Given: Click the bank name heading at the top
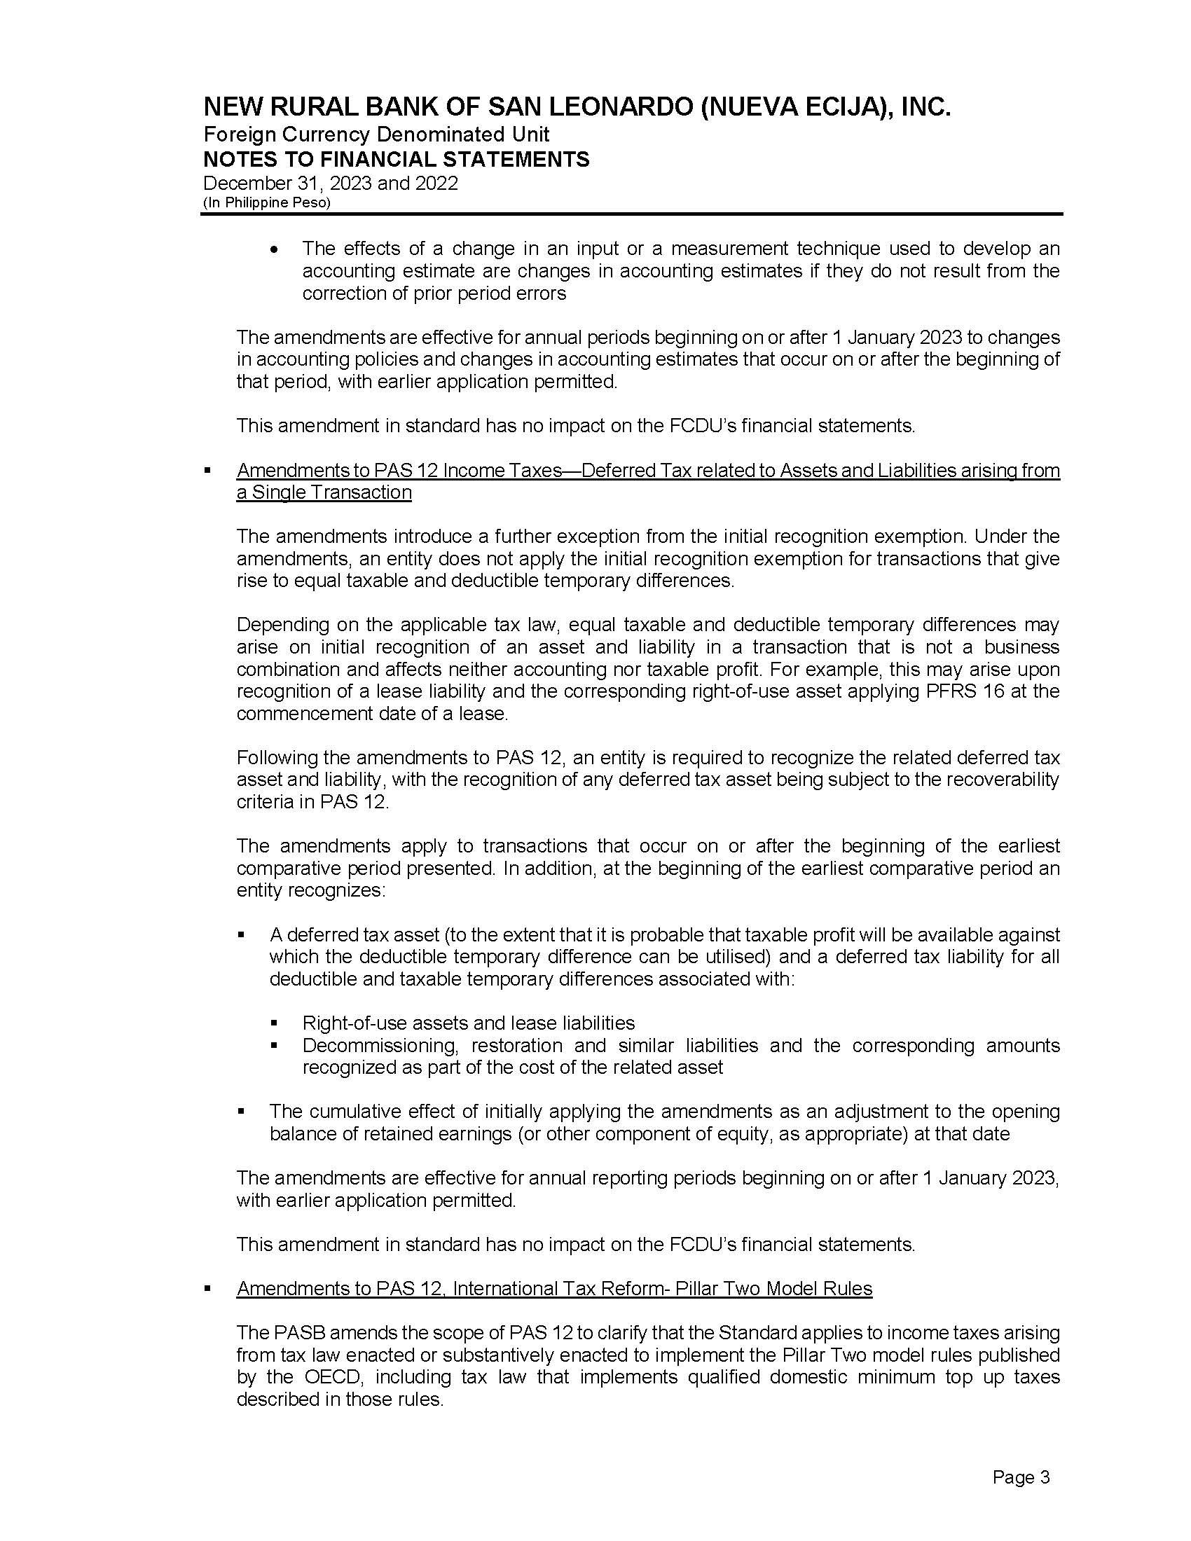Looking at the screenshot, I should [x=577, y=108].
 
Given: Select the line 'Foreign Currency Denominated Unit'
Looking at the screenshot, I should [x=376, y=134].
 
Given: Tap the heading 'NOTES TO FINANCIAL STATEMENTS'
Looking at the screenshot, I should [x=396, y=160].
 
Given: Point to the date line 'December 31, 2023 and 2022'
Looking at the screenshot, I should [x=330, y=184].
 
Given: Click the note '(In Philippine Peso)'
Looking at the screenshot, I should [x=266, y=202].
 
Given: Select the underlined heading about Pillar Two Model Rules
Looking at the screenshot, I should [x=555, y=1288].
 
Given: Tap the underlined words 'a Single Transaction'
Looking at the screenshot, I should [x=324, y=492].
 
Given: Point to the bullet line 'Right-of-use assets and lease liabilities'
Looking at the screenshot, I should [x=469, y=1023].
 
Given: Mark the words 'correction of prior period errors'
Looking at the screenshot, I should [x=434, y=293].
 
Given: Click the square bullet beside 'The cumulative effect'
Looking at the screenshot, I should [x=242, y=1112].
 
